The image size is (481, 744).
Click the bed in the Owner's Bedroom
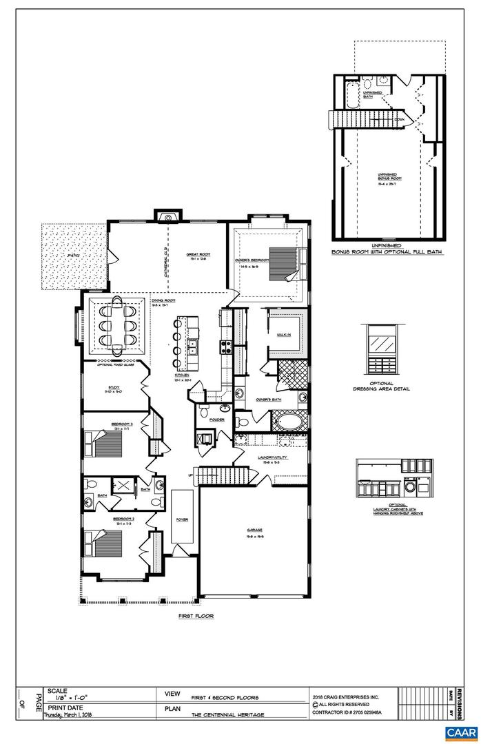click(x=283, y=262)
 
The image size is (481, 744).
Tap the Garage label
click(x=254, y=531)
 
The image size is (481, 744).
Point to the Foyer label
click(x=182, y=519)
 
